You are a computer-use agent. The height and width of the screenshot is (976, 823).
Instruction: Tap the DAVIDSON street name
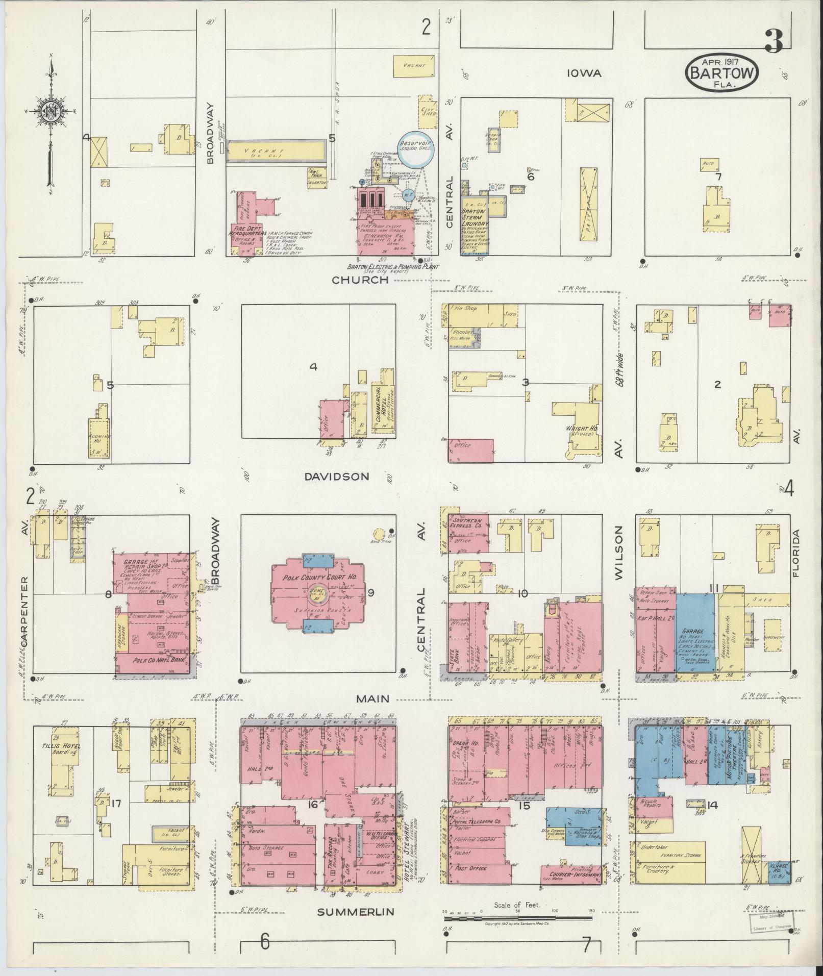(x=336, y=477)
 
